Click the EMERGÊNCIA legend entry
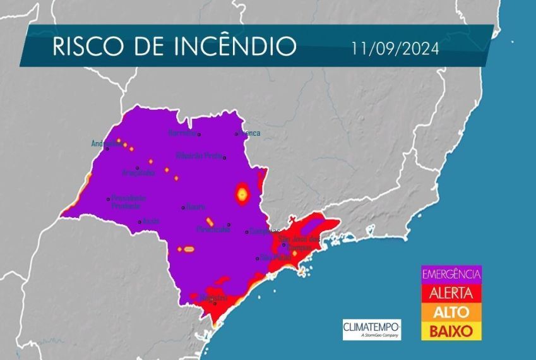451,274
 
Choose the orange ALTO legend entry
451,312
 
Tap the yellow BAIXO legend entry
451,330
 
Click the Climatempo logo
371,329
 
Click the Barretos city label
183,133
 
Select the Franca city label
248,133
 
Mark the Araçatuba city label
138,172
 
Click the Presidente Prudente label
128,201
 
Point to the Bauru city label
195,207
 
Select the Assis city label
150,221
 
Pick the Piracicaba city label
212,230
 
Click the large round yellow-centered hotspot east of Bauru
241,193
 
